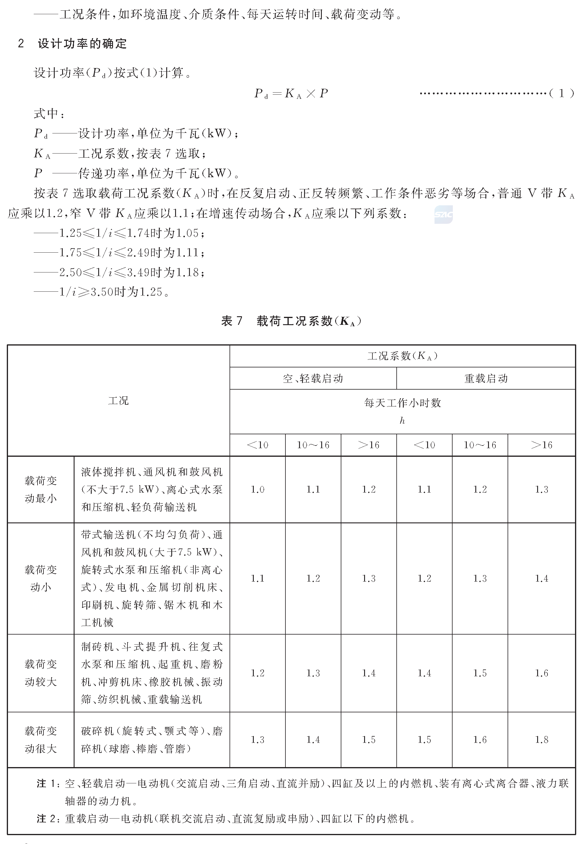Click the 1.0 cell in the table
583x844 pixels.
[x=258, y=489]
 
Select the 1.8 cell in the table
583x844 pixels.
[x=541, y=740]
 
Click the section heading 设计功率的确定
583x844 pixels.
[x=82, y=44]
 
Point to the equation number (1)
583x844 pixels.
[x=561, y=93]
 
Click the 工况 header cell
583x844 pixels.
[x=118, y=401]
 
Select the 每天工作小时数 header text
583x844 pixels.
[x=402, y=403]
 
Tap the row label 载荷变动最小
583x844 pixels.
[x=41, y=489]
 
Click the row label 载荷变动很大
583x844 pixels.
[x=41, y=740]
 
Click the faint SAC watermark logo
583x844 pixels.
[x=443, y=214]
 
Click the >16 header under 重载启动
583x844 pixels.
[x=541, y=445]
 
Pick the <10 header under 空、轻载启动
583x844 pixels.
[x=258, y=445]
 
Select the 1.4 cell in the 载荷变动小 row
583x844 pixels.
[x=541, y=578]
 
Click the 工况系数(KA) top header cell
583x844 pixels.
[x=402, y=356]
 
